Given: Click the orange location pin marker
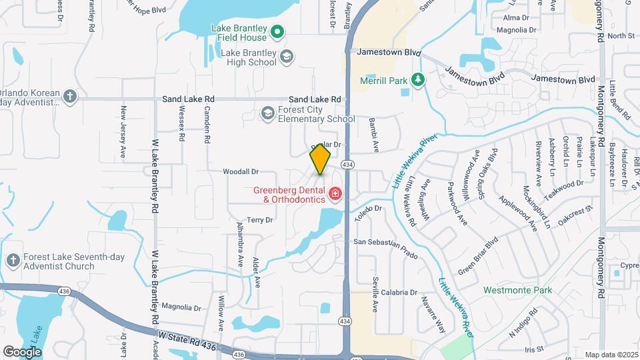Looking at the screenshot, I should coord(320,159).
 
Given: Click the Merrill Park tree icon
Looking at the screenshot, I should coord(418,80).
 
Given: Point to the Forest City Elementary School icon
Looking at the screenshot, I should coord(267,113).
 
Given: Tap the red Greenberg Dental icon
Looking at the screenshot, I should coord(335,194).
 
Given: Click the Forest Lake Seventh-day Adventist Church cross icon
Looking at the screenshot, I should coord(12,259).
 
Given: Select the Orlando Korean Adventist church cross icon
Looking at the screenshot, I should coord(69,97).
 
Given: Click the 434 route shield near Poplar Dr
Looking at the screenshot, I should coord(347,164).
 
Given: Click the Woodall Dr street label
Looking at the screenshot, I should coord(241,172).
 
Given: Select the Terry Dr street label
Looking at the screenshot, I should coord(260,220).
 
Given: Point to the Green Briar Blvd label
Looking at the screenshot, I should coord(477,258).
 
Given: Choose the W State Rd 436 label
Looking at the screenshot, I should coord(187,339).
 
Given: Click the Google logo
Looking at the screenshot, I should coord(22,351).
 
